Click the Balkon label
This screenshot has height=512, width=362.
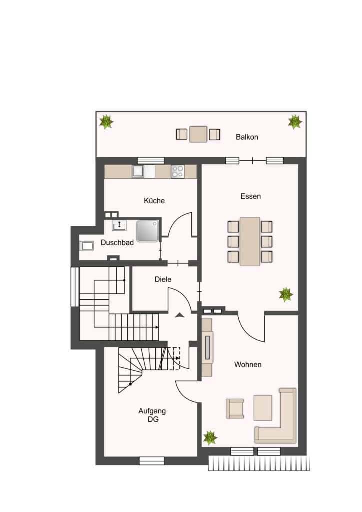coord(247,137)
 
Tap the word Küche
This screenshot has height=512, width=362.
coord(154,201)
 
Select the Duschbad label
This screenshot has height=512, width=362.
coord(117,243)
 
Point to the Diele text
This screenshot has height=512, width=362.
coord(163,279)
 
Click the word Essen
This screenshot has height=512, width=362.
coord(250,196)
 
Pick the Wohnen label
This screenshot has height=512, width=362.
coord(248,364)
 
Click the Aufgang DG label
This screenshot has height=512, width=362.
coord(152,415)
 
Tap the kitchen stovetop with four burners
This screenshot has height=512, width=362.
coord(178,172)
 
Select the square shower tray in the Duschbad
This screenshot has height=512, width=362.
coord(148,231)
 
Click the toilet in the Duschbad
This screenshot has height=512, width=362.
coord(86,246)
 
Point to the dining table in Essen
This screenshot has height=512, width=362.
coord(250,242)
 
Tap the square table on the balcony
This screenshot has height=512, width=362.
coord(198,134)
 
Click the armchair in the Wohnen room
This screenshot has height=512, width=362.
coord(235,408)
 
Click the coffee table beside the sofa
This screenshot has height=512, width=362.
coord(263,408)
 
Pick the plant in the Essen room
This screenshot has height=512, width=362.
coord(286,294)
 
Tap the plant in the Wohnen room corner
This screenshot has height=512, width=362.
coord(210,438)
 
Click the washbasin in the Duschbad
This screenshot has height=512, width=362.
coord(119,225)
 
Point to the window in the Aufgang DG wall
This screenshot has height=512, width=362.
coord(152,460)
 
